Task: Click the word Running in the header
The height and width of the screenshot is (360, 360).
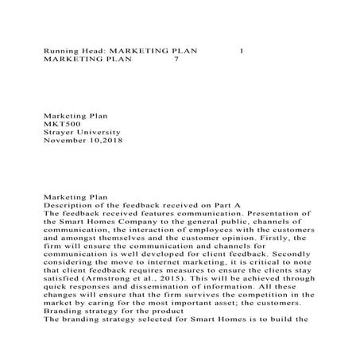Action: click(60, 51)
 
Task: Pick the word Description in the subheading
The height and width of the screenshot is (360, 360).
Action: click(69, 204)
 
